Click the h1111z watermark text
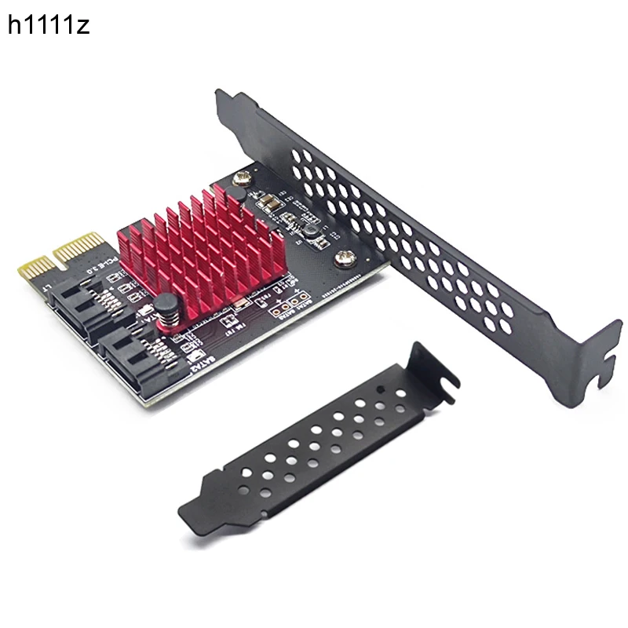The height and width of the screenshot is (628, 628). pos(49,25)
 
